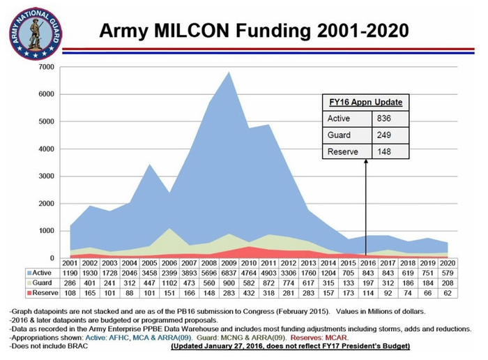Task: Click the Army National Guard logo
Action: (x=34, y=33)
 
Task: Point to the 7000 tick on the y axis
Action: (x=45, y=66)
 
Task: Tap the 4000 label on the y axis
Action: (x=45, y=149)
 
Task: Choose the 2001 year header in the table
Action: (x=70, y=262)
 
